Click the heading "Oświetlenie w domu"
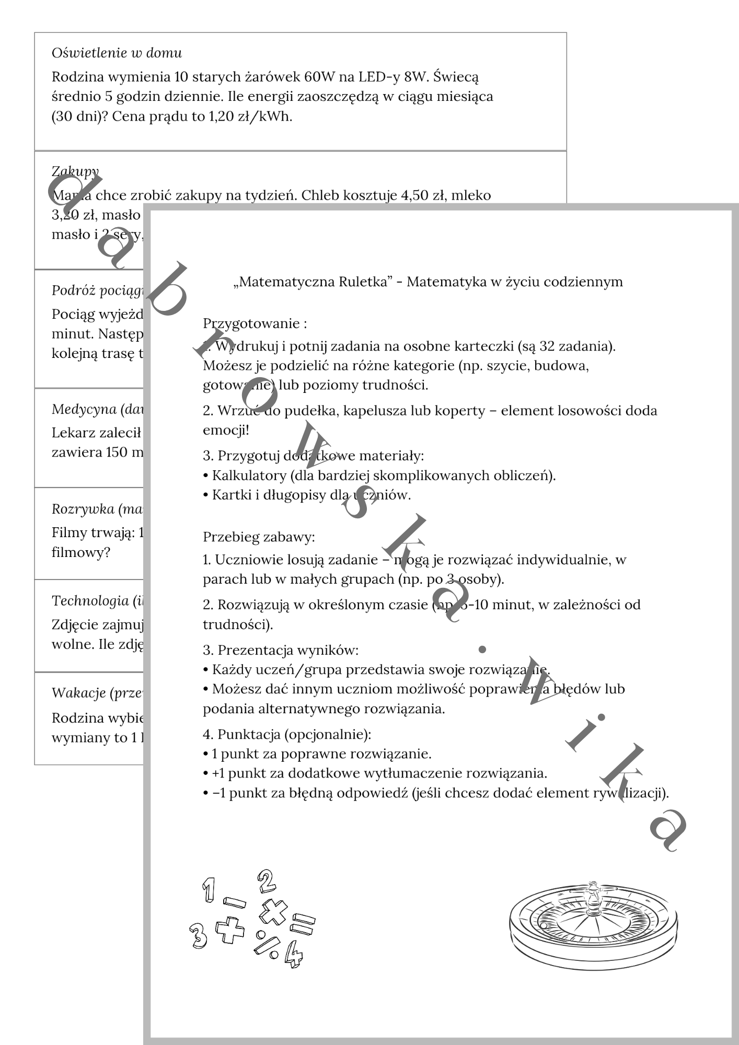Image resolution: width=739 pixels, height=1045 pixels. (x=117, y=53)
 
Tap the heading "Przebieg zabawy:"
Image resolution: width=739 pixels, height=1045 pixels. (x=259, y=537)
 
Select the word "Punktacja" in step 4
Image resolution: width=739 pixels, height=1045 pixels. (x=249, y=734)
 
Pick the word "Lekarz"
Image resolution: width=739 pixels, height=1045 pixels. (x=70, y=433)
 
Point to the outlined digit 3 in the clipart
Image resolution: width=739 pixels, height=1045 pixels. (x=199, y=935)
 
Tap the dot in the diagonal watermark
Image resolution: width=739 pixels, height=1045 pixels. (x=482, y=649)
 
